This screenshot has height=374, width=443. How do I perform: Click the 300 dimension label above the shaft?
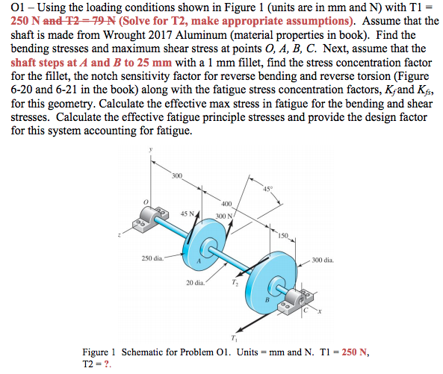click(176, 175)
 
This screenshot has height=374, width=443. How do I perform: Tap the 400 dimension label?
click(226, 203)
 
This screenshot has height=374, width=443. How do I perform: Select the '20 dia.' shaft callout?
click(196, 282)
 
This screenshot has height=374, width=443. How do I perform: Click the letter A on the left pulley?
click(199, 261)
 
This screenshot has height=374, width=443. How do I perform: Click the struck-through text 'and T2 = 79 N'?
click(68, 21)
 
